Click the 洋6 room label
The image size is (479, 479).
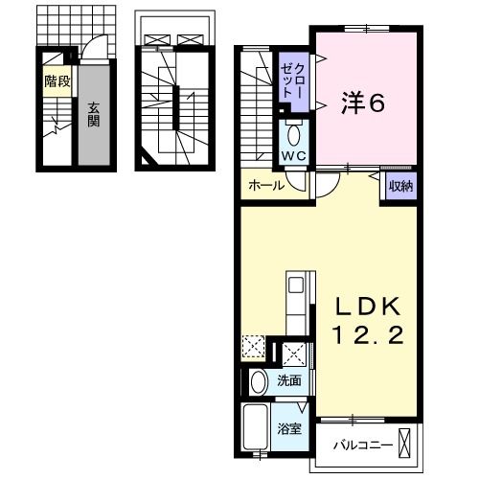364,103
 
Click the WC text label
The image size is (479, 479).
293,156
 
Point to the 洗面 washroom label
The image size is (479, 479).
290,381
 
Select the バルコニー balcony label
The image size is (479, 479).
361,445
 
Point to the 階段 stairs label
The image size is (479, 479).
57,81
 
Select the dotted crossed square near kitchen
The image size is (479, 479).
254,348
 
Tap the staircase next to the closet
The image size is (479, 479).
256,105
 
